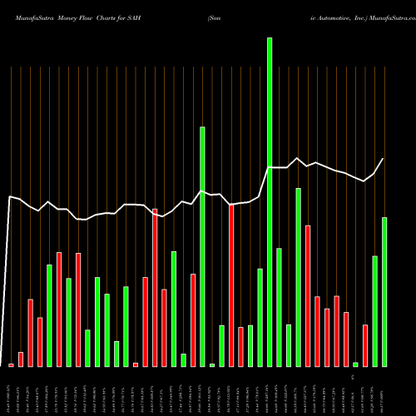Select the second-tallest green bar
[202, 246]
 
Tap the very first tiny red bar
[11, 364]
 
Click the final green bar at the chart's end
[384, 291]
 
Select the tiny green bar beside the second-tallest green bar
[212, 364]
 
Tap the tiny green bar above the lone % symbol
[355, 364]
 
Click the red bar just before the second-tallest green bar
[193, 319]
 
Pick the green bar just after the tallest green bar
[279, 307]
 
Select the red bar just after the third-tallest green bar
[308, 295]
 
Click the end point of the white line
[384, 159]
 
